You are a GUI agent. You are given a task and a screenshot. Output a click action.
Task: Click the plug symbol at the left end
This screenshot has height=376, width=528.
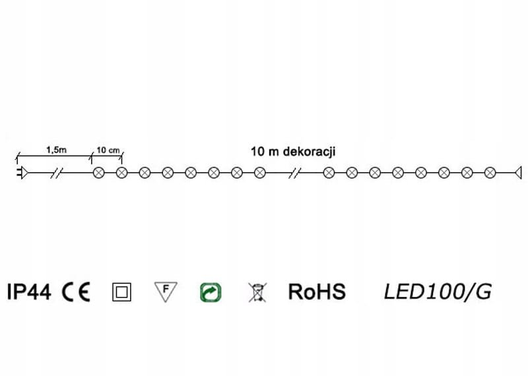[x=21, y=173]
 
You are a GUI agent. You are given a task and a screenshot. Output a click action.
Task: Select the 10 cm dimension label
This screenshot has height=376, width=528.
[x=108, y=150]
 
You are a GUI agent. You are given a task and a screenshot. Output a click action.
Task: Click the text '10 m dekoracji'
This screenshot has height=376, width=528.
[x=294, y=150]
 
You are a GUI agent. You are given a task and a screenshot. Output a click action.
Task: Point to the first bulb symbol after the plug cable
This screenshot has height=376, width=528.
[x=99, y=173]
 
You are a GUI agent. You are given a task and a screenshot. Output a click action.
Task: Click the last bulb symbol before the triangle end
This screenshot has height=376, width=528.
[x=489, y=173]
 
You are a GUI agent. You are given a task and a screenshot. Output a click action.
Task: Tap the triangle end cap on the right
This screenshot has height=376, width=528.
[x=518, y=173]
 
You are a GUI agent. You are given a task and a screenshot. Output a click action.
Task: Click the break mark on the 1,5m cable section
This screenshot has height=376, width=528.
[x=58, y=173]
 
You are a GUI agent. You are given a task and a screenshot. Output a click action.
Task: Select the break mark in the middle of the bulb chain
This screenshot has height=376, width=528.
[x=296, y=173]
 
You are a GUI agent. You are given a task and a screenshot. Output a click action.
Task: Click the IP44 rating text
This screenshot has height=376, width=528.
[x=29, y=292]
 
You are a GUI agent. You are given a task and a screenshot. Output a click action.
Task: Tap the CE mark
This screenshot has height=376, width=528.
[x=77, y=292]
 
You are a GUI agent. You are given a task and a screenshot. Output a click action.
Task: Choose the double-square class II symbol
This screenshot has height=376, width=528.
[x=122, y=292]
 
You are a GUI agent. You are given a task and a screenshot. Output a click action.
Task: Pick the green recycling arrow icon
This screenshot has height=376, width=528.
[x=210, y=292]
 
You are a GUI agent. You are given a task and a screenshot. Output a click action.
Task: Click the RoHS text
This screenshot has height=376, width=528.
[x=317, y=292]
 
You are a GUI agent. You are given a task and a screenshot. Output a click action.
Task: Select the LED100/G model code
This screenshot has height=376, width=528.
[x=438, y=292]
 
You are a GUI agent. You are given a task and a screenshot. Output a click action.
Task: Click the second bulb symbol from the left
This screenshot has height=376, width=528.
[x=121, y=173]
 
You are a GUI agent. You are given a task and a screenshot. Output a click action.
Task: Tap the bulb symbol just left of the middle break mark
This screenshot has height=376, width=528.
[x=259, y=173]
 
